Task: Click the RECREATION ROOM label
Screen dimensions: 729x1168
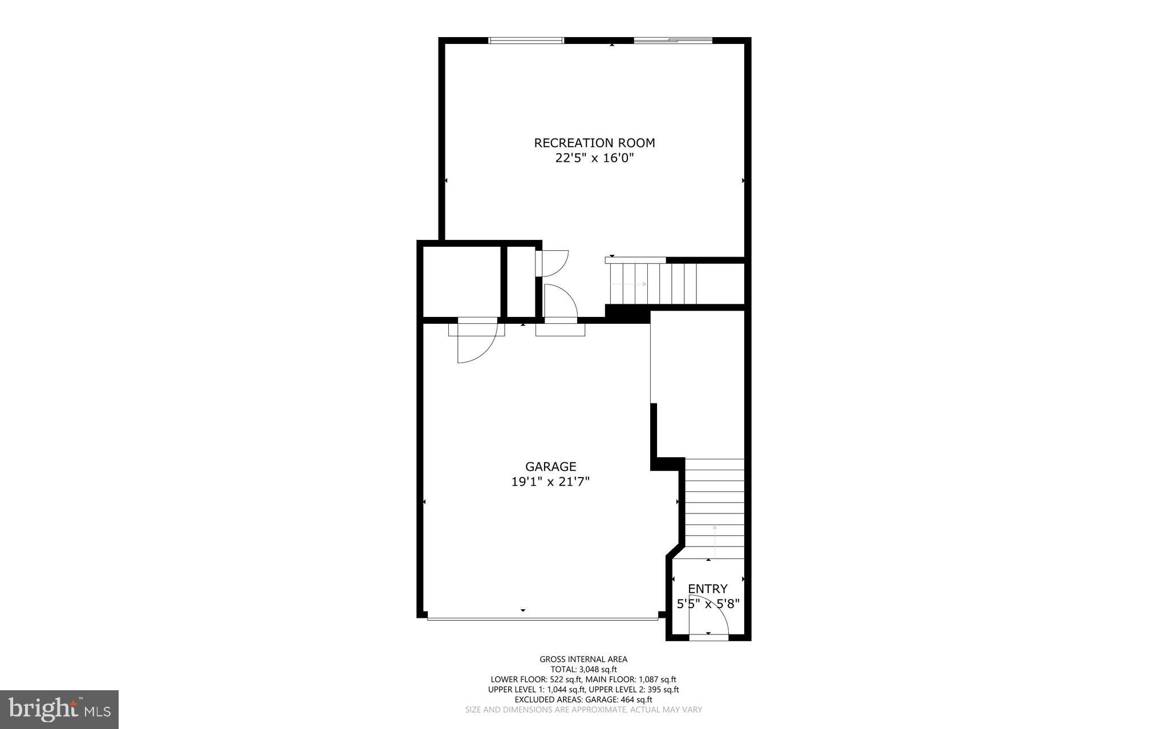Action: (x=594, y=143)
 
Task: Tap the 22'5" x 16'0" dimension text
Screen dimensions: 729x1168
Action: (x=594, y=158)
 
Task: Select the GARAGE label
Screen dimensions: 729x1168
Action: (x=550, y=467)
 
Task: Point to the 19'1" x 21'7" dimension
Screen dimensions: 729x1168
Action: (x=550, y=482)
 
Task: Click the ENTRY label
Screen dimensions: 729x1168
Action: (x=707, y=589)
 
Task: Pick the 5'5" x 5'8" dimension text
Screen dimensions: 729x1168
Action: (x=708, y=604)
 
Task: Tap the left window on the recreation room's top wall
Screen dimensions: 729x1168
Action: (x=526, y=40)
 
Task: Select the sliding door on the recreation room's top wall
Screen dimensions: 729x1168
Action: (x=673, y=40)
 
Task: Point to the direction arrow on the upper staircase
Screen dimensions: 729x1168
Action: (x=636, y=283)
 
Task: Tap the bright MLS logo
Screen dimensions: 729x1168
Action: (x=59, y=709)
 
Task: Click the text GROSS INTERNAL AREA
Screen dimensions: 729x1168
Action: (x=583, y=659)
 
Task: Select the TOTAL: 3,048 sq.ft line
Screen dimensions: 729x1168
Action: (x=583, y=670)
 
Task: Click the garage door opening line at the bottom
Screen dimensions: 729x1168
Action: (x=542, y=618)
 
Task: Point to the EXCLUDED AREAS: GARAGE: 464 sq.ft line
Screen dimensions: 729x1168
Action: (x=583, y=699)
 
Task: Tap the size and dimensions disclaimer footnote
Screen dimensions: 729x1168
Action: (x=583, y=710)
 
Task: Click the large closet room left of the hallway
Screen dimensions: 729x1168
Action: (x=461, y=281)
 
